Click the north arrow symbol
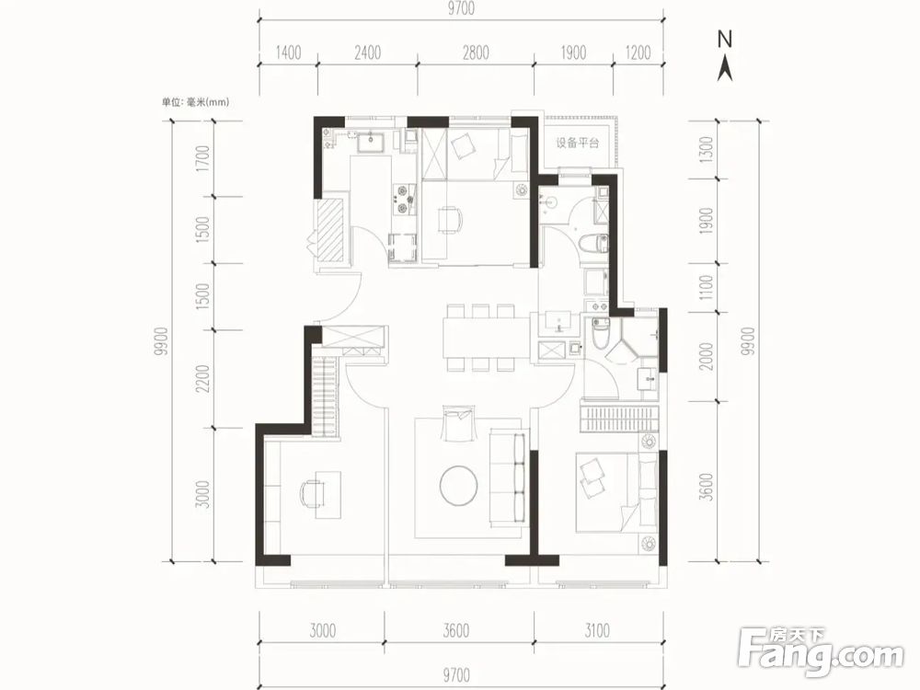(725, 56)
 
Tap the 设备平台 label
(578, 143)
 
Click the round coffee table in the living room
(459, 485)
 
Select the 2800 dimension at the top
(476, 52)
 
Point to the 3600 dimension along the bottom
(456, 630)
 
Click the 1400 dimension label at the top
(288, 52)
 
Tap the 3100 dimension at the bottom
(597, 630)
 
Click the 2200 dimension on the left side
(202, 379)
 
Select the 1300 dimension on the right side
(707, 150)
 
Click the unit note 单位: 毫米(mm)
(195, 102)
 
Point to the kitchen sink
(370, 143)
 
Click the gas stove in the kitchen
(404, 199)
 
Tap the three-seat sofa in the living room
(508, 477)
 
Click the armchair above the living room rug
(457, 423)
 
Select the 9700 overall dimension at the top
(461, 8)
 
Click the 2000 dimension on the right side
(707, 356)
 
